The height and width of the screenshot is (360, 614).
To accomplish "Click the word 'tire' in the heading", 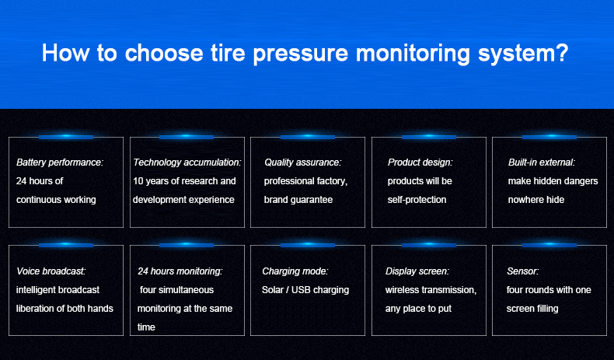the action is point(228,53).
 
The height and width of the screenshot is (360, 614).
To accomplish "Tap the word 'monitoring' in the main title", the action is point(413,54).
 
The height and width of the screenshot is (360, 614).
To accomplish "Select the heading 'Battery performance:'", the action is point(60,163).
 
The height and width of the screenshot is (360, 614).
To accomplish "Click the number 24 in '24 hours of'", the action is point(21,181).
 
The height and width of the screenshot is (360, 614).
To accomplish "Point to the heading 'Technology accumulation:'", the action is point(187,163).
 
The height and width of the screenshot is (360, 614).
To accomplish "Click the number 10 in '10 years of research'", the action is point(138,181).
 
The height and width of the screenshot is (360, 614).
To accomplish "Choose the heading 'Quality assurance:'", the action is point(302,163).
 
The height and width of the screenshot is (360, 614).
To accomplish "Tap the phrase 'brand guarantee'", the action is point(298,200).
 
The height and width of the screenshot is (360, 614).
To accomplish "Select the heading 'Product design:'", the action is point(420,163).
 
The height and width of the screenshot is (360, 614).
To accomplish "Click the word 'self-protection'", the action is point(417,200).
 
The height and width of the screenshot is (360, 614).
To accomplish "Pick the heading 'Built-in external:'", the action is point(542,163).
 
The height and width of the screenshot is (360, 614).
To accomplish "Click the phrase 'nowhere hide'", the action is point(536,200).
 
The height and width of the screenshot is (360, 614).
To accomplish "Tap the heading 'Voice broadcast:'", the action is point(51,271).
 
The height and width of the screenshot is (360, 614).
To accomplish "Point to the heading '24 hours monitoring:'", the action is point(180,271).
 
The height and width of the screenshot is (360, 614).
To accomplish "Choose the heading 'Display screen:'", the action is point(417,271).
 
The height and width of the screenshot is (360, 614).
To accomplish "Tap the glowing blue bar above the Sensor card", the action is point(549,245).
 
